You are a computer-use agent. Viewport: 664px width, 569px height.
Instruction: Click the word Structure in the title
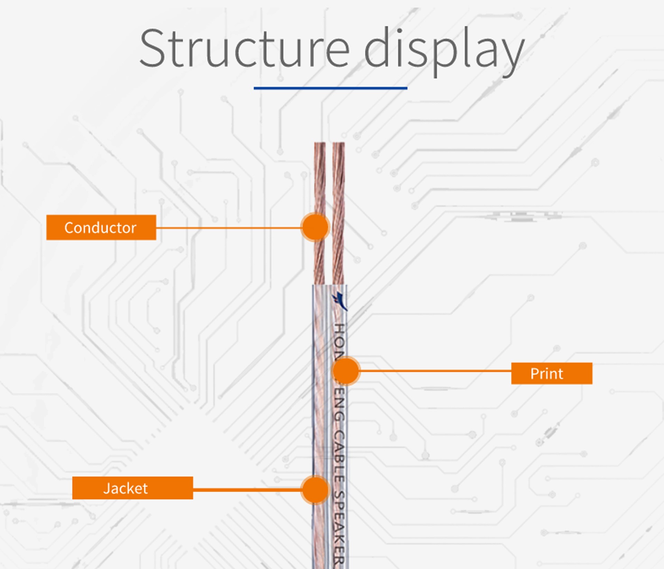coord(244,48)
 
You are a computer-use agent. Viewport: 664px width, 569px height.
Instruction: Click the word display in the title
coord(444,50)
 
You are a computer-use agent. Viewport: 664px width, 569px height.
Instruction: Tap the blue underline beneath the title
coord(330,88)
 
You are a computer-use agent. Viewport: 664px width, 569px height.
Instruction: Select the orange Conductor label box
coord(101,227)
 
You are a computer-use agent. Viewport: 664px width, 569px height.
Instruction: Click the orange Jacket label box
coord(132,488)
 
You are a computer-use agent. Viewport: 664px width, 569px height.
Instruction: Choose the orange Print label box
coord(552,373)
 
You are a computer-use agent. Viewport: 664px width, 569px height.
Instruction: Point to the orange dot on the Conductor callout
coord(315,227)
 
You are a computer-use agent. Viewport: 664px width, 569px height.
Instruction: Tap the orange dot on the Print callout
coord(346,371)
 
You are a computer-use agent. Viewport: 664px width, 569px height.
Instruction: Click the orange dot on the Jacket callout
coord(315,489)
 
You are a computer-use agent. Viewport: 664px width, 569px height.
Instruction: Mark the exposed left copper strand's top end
coord(320,144)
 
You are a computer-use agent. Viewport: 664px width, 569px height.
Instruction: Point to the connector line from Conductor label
coord(228,228)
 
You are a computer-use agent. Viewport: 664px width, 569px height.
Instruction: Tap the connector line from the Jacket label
coord(247,489)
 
